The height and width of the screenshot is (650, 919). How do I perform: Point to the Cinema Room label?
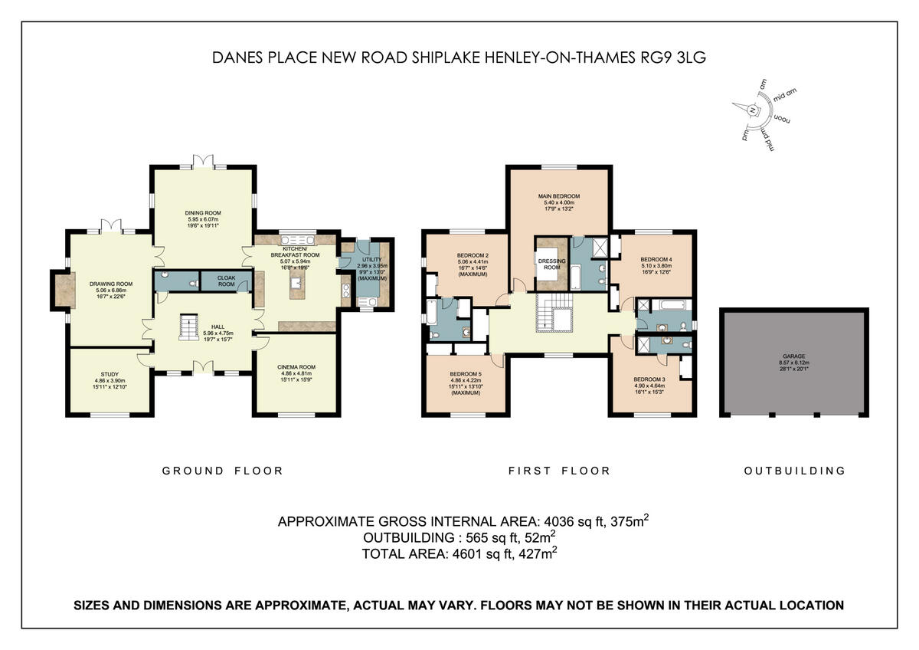pos(296,367)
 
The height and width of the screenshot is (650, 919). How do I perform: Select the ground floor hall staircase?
pos(187,330)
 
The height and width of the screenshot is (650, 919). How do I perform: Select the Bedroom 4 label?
pos(656,261)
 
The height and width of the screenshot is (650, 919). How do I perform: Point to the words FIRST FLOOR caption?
pos(559,471)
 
